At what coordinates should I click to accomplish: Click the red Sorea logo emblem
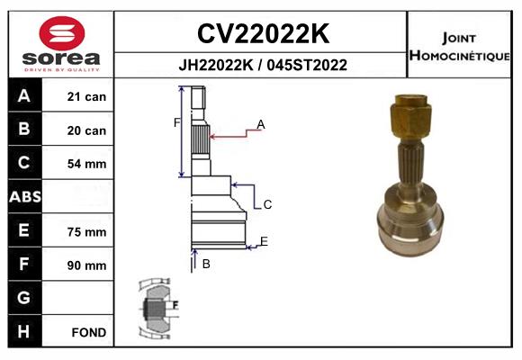(62, 33)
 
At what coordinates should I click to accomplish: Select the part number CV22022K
(263, 33)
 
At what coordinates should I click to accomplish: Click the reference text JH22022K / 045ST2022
(263, 65)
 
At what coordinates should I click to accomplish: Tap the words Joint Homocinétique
(459, 47)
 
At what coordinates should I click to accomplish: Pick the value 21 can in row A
(86, 96)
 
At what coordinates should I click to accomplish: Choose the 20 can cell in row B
(86, 130)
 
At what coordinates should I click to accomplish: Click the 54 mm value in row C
(86, 164)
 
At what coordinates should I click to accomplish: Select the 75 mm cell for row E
(86, 232)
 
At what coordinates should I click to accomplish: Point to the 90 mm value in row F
(86, 265)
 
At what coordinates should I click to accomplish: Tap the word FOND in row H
(89, 332)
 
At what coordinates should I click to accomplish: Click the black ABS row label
(25, 196)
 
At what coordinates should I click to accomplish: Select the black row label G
(25, 297)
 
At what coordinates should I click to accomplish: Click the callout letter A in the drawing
(261, 124)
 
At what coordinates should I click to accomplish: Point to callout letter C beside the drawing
(267, 204)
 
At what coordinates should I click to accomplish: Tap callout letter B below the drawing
(206, 264)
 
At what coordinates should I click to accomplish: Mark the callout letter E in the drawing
(264, 241)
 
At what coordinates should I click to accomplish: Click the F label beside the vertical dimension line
(176, 123)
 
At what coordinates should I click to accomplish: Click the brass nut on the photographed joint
(410, 117)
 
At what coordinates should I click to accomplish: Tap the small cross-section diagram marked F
(157, 308)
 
